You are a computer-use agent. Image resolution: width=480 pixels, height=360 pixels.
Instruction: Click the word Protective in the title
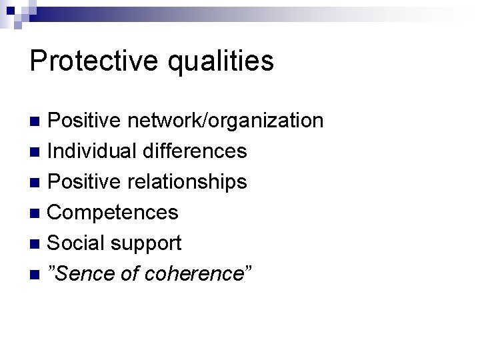[x=93, y=61]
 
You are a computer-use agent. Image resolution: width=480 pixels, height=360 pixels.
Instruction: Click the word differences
[x=194, y=151]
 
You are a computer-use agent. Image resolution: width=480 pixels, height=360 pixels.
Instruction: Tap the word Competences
[x=113, y=213]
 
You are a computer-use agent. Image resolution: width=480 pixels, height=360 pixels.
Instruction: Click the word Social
[x=79, y=243]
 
